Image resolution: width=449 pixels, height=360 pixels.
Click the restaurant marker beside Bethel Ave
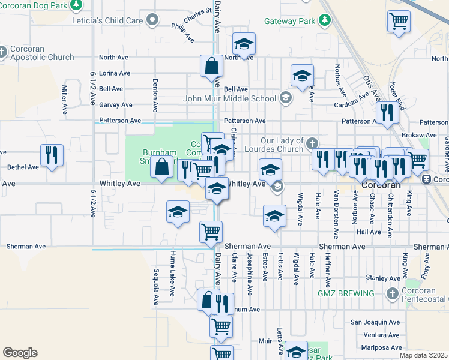52,155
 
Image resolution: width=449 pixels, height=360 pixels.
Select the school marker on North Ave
244,44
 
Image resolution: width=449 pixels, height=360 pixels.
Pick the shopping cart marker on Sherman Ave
211,232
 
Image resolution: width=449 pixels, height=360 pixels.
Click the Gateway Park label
289,21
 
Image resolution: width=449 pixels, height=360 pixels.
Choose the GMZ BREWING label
346,293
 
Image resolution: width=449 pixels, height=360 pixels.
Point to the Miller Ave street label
64,100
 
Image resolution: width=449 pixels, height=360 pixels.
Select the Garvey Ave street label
115,104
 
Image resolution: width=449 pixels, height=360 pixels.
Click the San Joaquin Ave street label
375,322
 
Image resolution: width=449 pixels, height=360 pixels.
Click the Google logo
20,353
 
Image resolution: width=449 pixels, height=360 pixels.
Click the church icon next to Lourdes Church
311,144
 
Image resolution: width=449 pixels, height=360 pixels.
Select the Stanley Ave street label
382,278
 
